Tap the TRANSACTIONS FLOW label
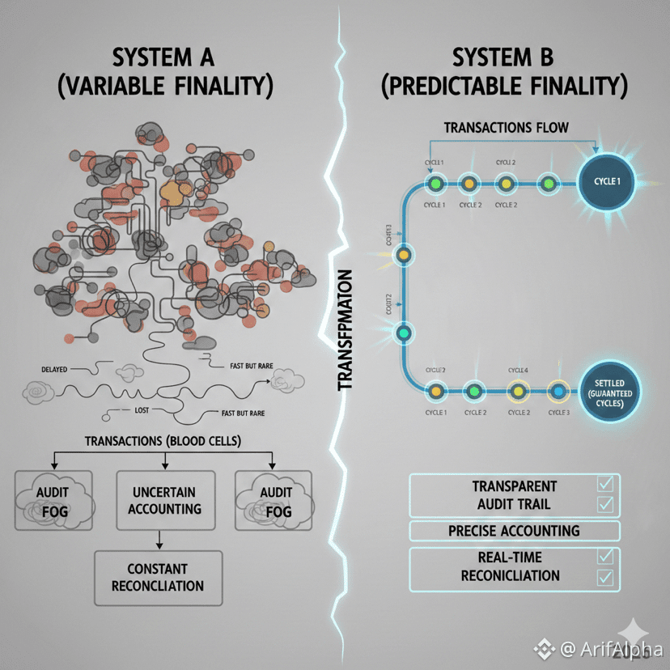[507, 127]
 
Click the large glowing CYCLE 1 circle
[608, 181]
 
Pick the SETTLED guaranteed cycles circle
[609, 390]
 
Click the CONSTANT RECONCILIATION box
[158, 578]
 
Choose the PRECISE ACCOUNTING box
[514, 531]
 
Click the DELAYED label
[55, 369]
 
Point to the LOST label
[142, 411]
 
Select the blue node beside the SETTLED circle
[558, 391]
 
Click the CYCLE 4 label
[519, 371]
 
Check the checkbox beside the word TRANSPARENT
[604, 485]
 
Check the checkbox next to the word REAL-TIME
[604, 557]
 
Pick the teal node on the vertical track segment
[403, 333]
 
